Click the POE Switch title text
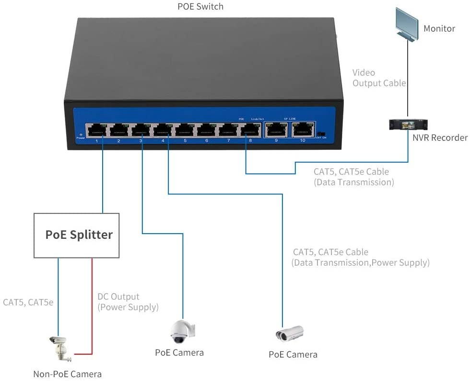point(200,7)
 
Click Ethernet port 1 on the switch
point(97,130)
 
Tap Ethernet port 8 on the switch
point(250,130)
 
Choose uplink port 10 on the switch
point(302,130)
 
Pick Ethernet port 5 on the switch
point(185,130)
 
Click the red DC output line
point(92,306)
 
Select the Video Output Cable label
point(379,78)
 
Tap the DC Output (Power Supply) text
point(128,302)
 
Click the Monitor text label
point(439,29)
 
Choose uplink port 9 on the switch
point(276,130)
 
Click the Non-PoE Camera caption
point(67,374)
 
